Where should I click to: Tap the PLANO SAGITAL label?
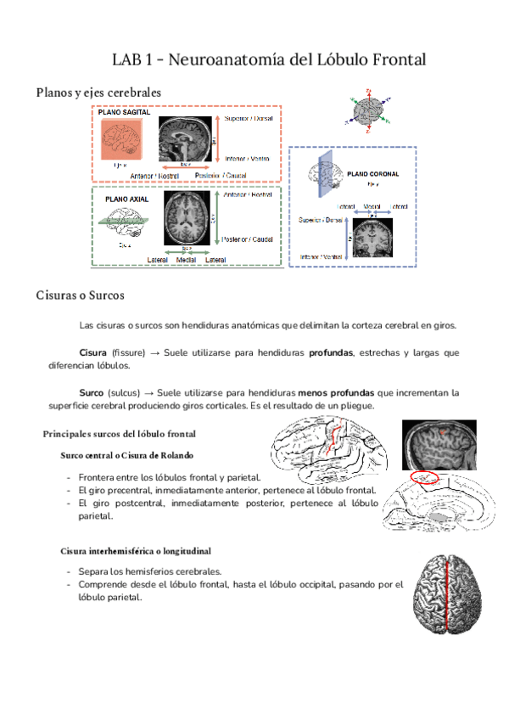(x=125, y=111)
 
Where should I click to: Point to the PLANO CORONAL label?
(x=374, y=173)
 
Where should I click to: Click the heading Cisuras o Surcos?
(x=81, y=295)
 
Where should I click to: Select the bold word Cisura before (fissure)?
(x=92, y=352)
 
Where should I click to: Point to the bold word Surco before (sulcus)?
(x=91, y=393)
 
